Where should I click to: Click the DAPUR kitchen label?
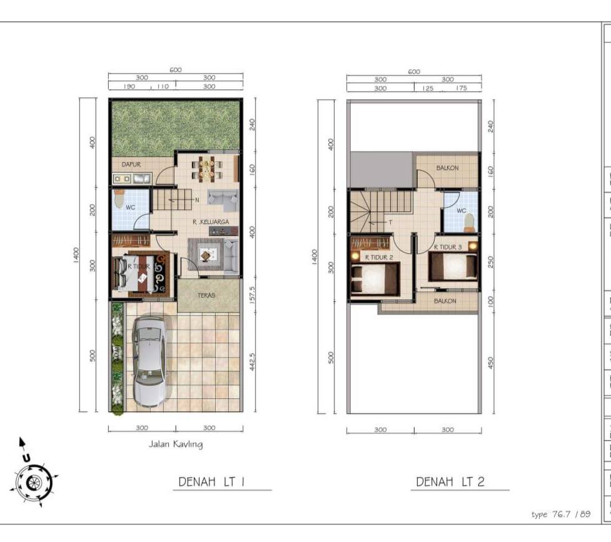131,164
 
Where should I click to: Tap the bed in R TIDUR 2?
374,277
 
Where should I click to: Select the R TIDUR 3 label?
448,247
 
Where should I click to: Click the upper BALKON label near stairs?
448,168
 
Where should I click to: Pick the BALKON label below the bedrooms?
445,300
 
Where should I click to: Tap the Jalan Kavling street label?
175,445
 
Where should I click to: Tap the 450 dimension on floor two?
491,362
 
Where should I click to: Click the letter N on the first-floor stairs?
196,200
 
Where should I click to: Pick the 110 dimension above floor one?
162,87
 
